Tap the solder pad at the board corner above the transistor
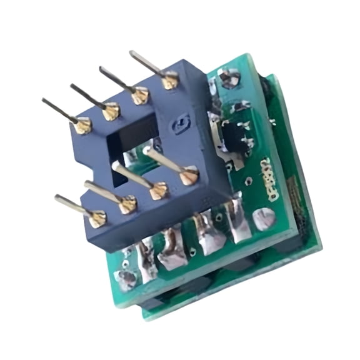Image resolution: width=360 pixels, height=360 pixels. point(230,79)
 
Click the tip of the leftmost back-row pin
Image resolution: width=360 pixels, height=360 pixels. point(44,100)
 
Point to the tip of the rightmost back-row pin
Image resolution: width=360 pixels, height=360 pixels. point(132,53)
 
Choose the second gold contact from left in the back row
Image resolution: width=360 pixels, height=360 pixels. point(111,112)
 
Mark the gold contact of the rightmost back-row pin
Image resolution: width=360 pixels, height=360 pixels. point(169,79)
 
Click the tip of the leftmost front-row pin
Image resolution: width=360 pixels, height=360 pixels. point(57,198)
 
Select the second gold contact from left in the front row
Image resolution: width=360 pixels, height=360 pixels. point(127,203)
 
